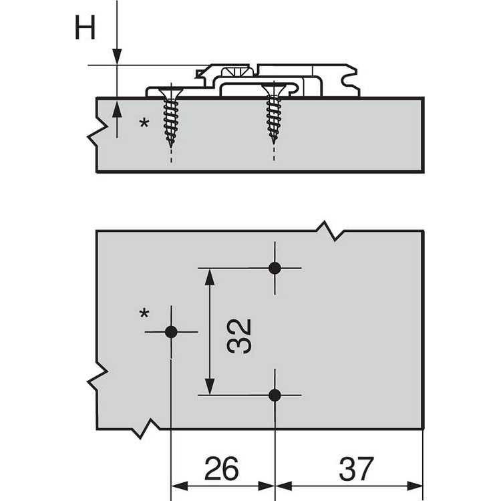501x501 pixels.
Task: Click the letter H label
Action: [85, 27]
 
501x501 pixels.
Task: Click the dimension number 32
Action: [238, 336]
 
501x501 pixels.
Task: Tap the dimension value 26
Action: [221, 468]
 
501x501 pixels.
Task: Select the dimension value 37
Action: [356, 468]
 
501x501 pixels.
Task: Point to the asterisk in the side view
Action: [144, 123]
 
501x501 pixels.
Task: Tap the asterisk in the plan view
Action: [144, 314]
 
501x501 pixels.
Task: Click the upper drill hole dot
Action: [275, 268]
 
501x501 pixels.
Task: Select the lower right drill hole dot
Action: [275, 395]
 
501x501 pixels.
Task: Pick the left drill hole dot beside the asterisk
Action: [171, 332]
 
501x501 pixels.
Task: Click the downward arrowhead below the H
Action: [117, 57]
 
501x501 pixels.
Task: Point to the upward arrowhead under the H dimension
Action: [117, 109]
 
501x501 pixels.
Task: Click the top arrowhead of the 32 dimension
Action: [210, 277]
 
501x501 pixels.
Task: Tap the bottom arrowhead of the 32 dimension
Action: [210, 387]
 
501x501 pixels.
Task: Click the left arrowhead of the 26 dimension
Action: [180, 486]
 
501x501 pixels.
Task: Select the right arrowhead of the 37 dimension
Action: [415, 486]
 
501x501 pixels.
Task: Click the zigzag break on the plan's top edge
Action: [330, 230]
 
